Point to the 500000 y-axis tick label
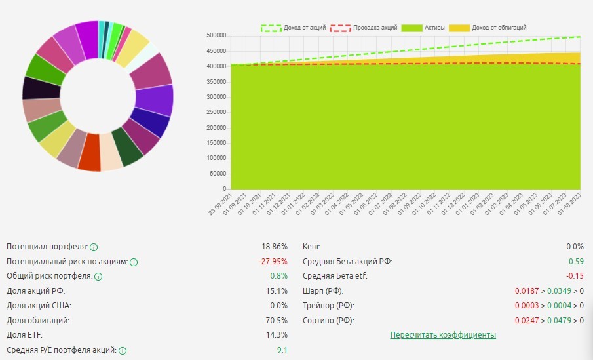click(216, 35)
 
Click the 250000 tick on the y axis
click(216, 112)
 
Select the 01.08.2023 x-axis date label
click(573, 201)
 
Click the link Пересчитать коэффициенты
click(443, 335)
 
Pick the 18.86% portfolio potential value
click(275, 247)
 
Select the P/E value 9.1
click(282, 350)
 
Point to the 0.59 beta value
click(577, 262)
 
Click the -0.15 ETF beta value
click(575, 276)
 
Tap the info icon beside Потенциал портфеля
click(94, 247)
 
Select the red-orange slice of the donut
click(89, 161)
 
